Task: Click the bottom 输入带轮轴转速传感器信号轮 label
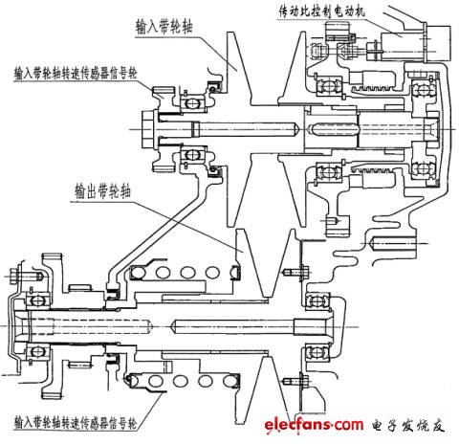tap(72, 421)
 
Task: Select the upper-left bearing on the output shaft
tap(38, 302)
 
